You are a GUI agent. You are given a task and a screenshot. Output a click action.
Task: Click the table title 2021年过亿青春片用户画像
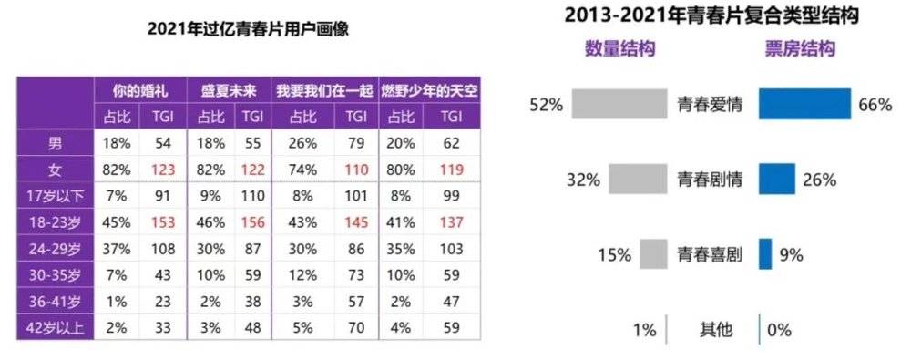(x=249, y=28)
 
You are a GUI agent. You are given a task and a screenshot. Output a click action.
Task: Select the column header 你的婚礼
(x=141, y=91)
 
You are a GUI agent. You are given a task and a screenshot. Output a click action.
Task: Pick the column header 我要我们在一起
(x=323, y=91)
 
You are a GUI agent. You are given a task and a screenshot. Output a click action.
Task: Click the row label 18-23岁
(x=56, y=221)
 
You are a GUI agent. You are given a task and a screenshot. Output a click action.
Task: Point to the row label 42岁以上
(x=56, y=328)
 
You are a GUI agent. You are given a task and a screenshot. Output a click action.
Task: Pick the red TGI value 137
(x=451, y=221)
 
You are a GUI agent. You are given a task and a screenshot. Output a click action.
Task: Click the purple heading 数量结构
(x=619, y=49)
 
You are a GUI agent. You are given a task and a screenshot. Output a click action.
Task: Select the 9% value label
(x=792, y=255)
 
